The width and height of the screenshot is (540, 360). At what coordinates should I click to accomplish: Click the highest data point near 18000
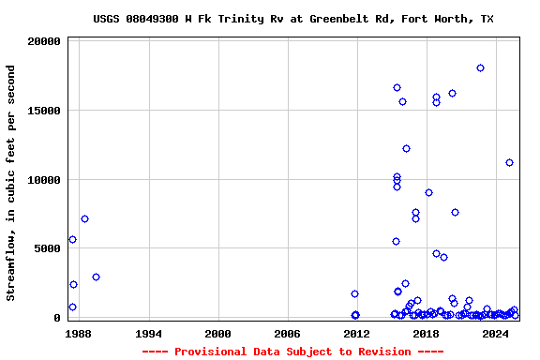point(480,67)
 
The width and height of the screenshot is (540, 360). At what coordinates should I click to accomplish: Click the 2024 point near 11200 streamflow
point(509,162)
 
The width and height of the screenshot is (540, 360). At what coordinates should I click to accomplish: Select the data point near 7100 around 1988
point(84,218)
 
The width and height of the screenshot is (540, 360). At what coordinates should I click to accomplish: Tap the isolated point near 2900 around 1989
point(96,277)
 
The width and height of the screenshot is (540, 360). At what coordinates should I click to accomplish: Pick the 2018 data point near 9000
point(428,192)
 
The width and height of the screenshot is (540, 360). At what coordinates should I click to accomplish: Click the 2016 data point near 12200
point(406,148)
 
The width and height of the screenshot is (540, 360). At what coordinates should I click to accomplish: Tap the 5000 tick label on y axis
point(48,248)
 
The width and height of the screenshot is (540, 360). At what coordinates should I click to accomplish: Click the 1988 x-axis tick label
point(79,333)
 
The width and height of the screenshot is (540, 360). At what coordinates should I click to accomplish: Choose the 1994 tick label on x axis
point(148,333)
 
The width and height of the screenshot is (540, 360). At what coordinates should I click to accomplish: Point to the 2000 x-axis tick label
point(217,333)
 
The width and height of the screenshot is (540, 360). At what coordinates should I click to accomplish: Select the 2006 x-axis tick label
point(287,333)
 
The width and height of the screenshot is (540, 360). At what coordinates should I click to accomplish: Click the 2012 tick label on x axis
point(356,333)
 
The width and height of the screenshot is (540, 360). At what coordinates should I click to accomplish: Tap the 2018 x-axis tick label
point(426,333)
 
